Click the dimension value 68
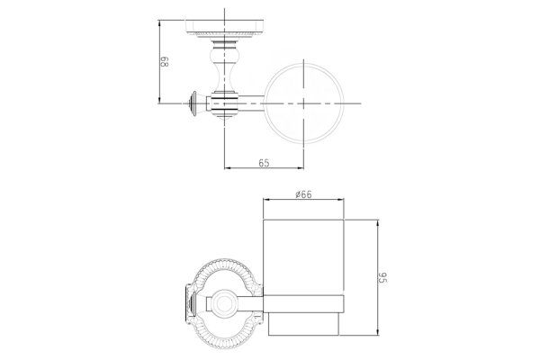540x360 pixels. [165, 62]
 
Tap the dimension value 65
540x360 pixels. [264, 163]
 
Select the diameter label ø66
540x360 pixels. [303, 194]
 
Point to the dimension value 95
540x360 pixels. [383, 277]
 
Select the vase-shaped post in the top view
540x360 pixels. [224, 67]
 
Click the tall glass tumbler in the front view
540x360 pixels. [303, 256]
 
